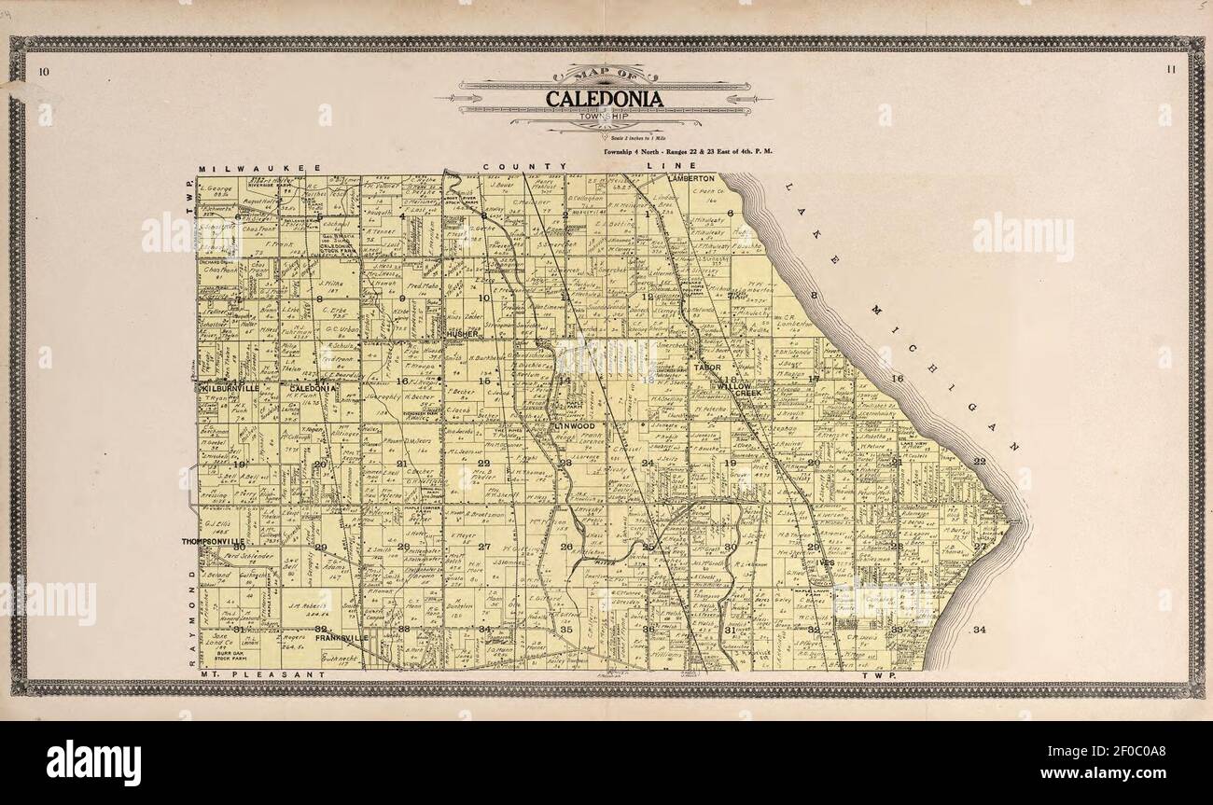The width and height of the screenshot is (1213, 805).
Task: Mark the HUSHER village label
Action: click(x=462, y=333)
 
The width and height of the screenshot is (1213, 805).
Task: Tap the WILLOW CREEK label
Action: click(x=742, y=387)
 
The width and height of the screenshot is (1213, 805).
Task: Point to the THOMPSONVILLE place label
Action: click(x=214, y=541)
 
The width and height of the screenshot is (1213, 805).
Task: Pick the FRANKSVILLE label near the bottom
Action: click(x=341, y=638)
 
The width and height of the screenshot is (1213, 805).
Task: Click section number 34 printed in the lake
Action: click(x=979, y=631)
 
